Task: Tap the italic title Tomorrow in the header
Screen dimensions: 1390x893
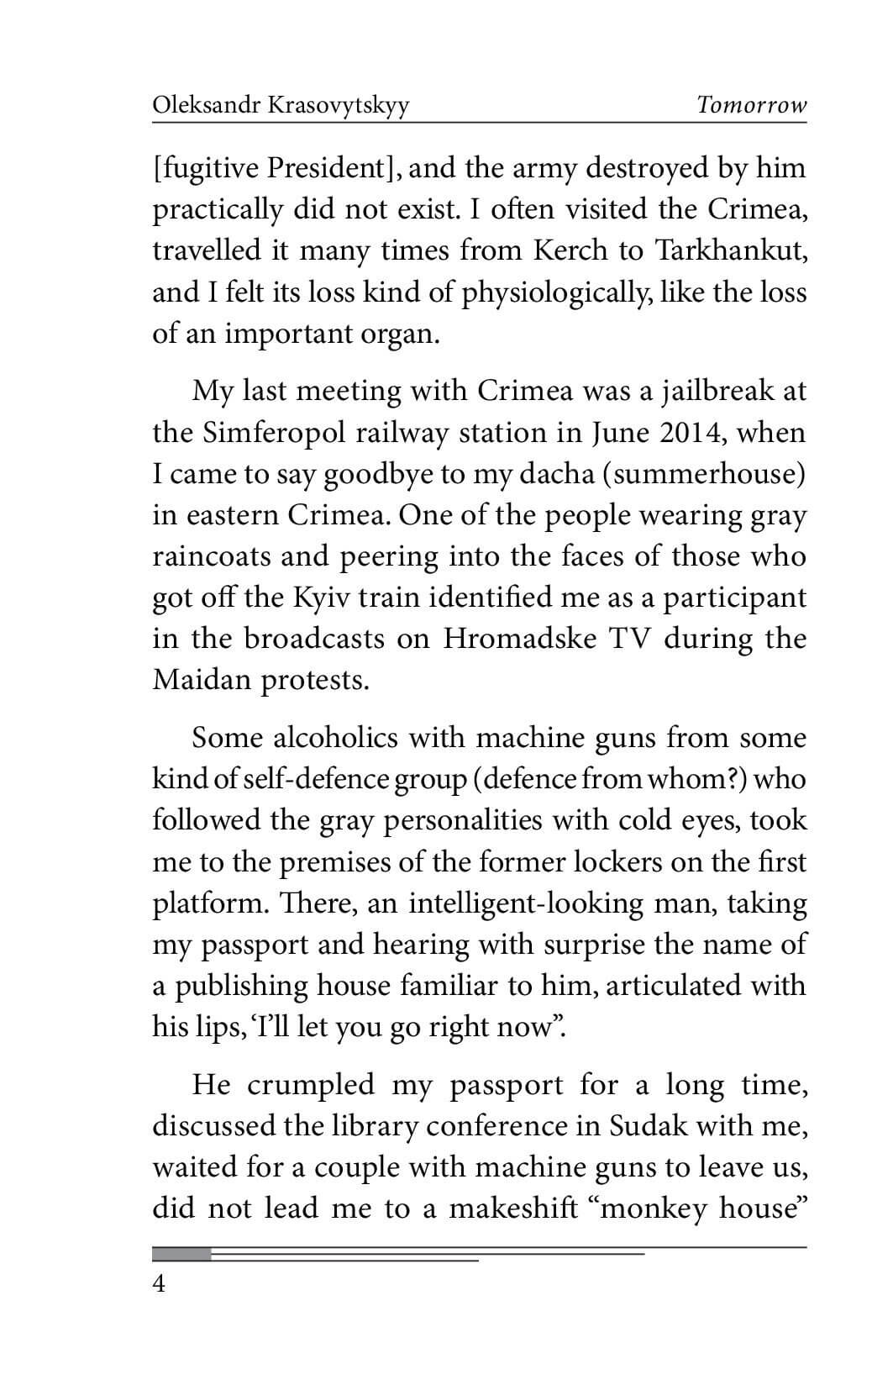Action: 751,106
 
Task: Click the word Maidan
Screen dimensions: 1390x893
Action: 202,680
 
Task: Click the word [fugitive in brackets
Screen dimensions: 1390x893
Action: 205,169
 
